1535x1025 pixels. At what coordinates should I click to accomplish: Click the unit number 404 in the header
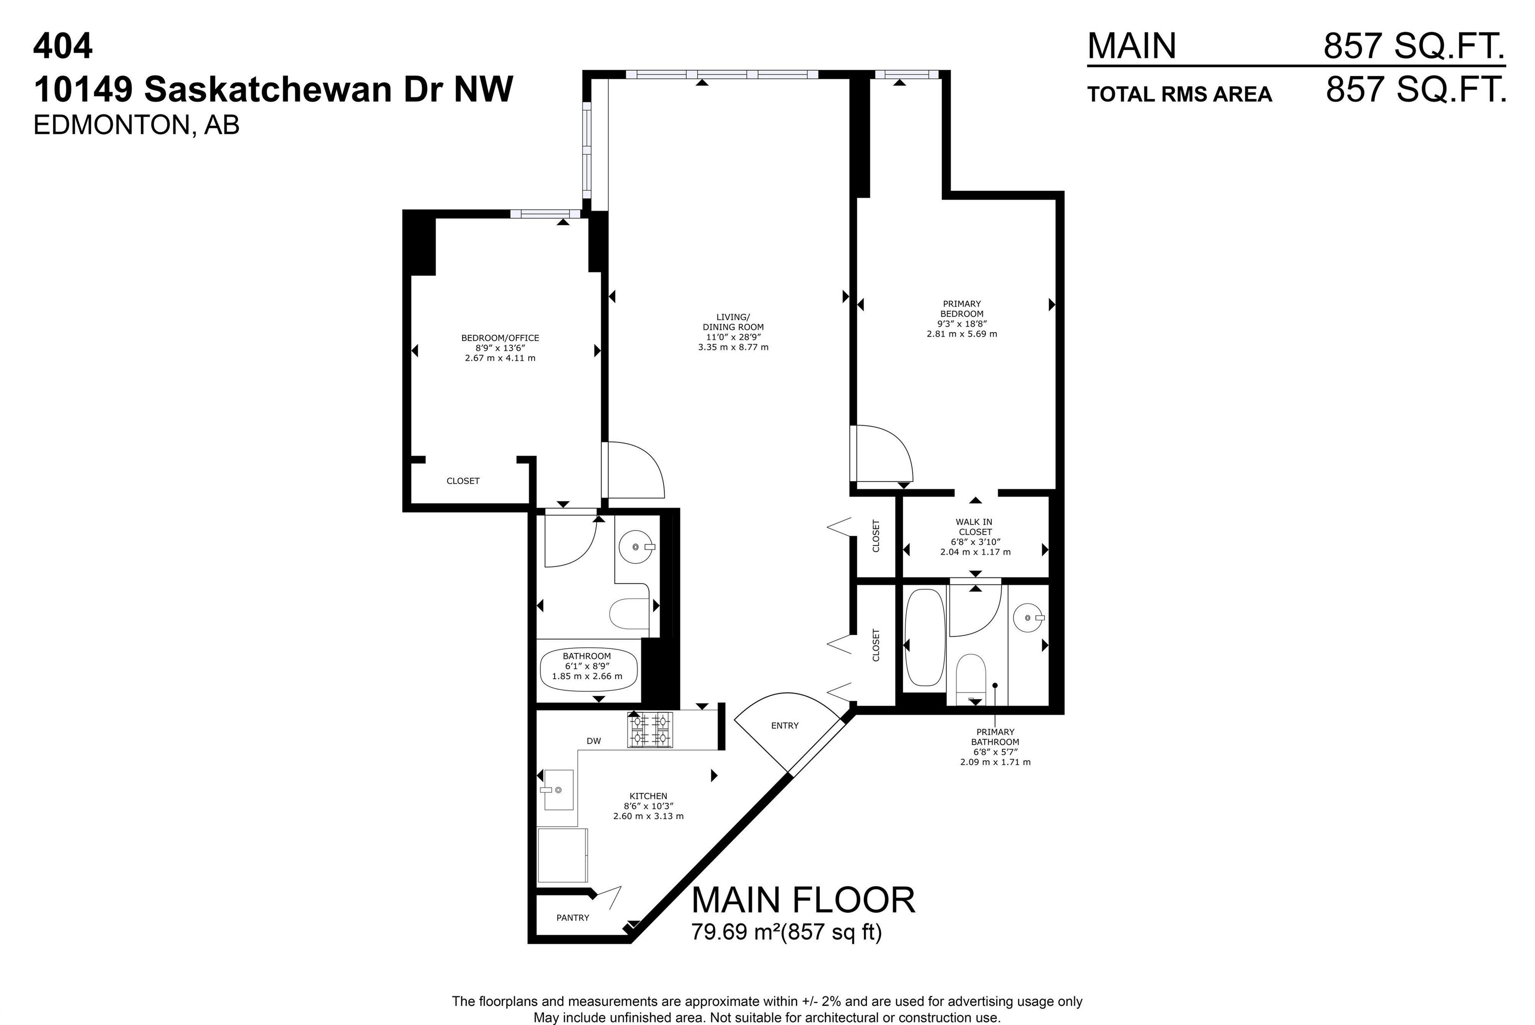(63, 46)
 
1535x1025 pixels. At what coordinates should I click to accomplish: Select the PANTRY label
(573, 918)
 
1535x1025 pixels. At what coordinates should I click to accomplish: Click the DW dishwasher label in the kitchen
(594, 741)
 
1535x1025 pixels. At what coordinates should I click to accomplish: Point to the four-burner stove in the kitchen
(650, 729)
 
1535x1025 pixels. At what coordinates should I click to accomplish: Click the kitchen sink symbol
(559, 790)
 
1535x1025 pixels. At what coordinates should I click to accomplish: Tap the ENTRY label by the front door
(784, 726)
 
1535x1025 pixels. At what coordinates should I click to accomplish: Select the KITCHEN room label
(649, 796)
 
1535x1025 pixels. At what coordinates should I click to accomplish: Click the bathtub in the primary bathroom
(924, 637)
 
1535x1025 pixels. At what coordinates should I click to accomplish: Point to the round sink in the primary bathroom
(1029, 617)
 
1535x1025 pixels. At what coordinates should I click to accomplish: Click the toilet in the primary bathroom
(970, 679)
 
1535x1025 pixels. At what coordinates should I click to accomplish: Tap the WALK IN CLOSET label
(975, 527)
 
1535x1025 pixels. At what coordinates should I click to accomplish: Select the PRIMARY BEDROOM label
(962, 309)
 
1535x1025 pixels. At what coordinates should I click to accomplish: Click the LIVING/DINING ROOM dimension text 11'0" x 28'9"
(733, 337)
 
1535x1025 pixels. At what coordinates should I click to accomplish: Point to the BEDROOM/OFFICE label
(500, 338)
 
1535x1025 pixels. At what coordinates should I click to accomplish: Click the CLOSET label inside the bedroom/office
(463, 481)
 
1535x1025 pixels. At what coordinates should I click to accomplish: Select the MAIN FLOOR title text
(803, 900)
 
